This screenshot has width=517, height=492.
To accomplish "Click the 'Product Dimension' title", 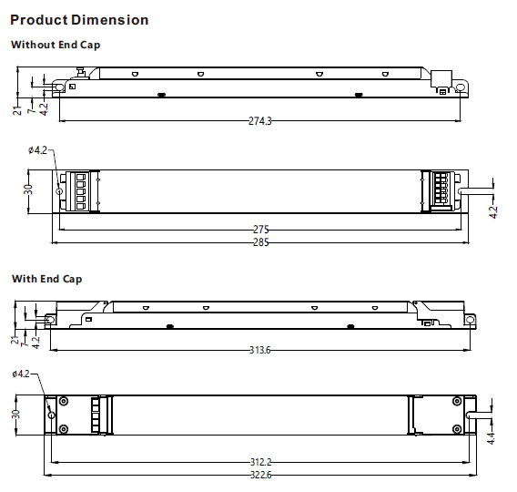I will point(79,19).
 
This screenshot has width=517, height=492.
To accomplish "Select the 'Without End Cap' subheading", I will point(56,44).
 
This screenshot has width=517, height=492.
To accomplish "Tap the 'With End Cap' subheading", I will point(46,279).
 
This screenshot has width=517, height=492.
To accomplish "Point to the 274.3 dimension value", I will point(260,121).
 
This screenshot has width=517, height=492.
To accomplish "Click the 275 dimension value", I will point(260,230).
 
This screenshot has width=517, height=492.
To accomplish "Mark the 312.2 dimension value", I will point(260,462).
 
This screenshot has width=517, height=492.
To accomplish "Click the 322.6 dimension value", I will point(260,475).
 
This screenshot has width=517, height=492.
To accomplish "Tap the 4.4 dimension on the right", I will point(492,438).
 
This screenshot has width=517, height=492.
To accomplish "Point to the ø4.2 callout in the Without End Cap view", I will point(37,150).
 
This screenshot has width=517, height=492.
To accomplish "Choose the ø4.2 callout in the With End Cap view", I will point(22,374).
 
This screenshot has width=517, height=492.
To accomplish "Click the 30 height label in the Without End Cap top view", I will point(29,190).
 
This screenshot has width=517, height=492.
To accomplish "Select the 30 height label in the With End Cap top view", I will point(15,414).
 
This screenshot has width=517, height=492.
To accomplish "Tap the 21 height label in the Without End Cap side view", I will point(16,110).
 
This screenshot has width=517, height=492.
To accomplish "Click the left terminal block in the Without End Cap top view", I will point(78,191).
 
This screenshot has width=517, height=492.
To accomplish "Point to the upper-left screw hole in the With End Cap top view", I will point(64,401).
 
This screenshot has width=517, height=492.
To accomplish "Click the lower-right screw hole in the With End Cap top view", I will point(456,428).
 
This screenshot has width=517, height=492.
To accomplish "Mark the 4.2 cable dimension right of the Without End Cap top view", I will point(493,212).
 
